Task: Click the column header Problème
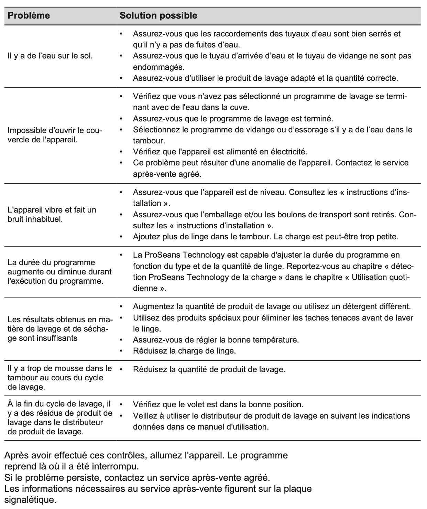click(x=29, y=15)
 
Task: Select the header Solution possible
click(x=158, y=15)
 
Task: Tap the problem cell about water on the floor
click(x=50, y=56)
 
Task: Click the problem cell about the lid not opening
click(x=55, y=135)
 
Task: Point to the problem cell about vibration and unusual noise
click(x=52, y=214)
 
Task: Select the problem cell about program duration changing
click(x=59, y=272)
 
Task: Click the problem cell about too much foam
click(x=59, y=378)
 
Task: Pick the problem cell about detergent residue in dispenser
click(x=59, y=418)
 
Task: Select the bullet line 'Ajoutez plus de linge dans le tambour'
click(x=265, y=237)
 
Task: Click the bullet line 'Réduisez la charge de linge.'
click(x=184, y=351)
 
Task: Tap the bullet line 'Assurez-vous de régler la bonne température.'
click(x=216, y=340)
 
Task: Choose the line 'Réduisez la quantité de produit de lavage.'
click(x=209, y=370)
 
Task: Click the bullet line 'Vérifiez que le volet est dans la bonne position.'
click(x=218, y=404)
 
